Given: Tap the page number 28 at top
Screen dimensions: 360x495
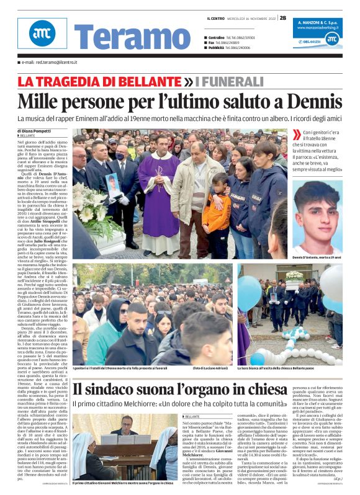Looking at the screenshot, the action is pyautogui.click(x=283, y=18).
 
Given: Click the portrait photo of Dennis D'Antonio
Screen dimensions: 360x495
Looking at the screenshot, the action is pyautogui.click(x=318, y=214).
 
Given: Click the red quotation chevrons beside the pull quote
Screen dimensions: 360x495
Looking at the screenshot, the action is pyautogui.click(x=297, y=134).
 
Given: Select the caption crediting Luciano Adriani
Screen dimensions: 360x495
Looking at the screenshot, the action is pyautogui.click(x=210, y=368).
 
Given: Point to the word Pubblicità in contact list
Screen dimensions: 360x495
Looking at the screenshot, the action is pyautogui.click(x=216, y=48).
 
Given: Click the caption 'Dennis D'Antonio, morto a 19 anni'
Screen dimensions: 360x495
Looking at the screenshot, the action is pyautogui.click(x=318, y=256).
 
